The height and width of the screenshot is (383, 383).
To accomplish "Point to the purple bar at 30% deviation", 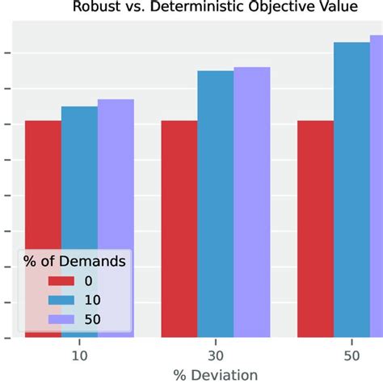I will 252,202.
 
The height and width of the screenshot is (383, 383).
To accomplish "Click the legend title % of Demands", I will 74,261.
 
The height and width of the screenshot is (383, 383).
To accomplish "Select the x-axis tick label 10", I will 79,356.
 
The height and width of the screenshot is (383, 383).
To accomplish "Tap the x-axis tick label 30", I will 216,356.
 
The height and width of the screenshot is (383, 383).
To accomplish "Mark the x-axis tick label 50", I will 351,356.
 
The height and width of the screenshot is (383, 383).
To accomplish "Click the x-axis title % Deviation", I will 216,374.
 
